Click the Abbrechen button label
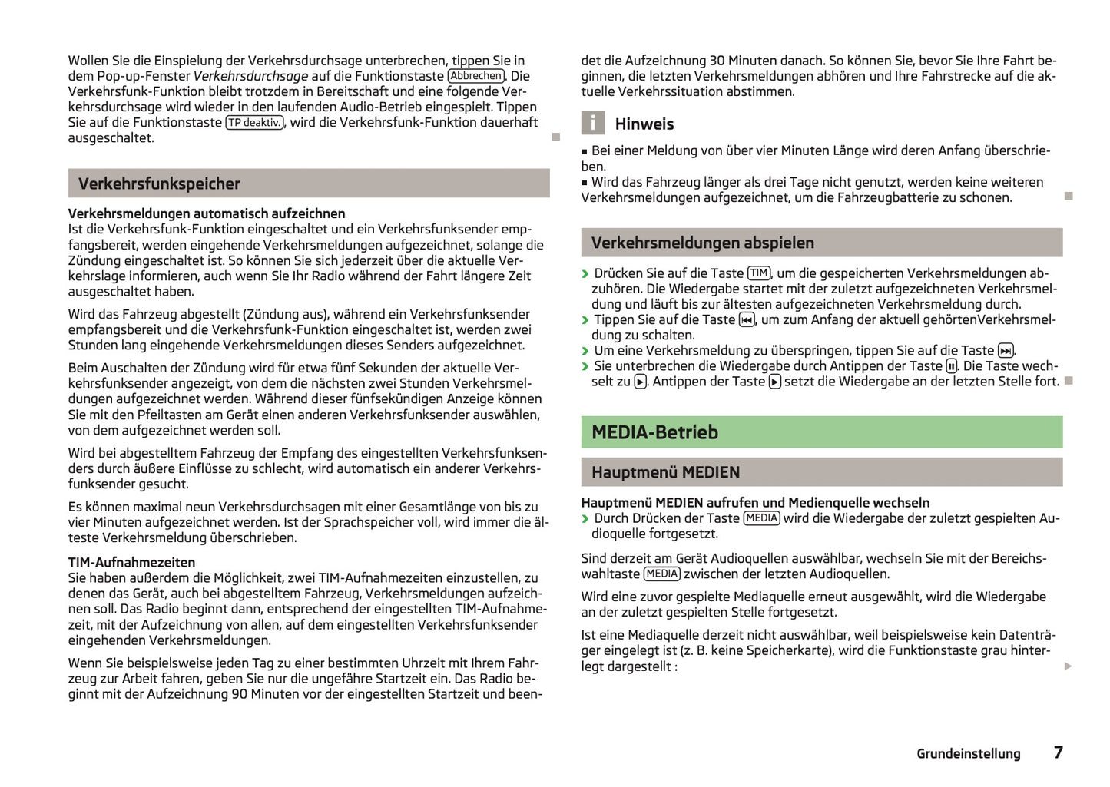(476, 76)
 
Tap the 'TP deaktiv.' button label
(254, 123)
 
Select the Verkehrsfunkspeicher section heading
(159, 184)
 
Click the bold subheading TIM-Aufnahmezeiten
(131, 562)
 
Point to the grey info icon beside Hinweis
(592, 123)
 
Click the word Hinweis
(644, 124)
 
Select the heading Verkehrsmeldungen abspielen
(702, 243)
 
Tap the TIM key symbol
(759, 273)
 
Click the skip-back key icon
(747, 320)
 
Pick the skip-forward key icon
(1006, 351)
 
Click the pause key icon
(952, 366)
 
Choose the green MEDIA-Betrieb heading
(654, 432)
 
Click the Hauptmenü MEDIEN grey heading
(665, 472)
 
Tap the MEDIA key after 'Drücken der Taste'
(761, 518)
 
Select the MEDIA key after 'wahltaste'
(661, 574)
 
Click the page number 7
(1058, 752)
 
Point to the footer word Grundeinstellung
(968, 754)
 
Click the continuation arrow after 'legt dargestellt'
(1068, 666)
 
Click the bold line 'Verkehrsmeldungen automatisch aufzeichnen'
(207, 213)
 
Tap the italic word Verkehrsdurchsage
(250, 76)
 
